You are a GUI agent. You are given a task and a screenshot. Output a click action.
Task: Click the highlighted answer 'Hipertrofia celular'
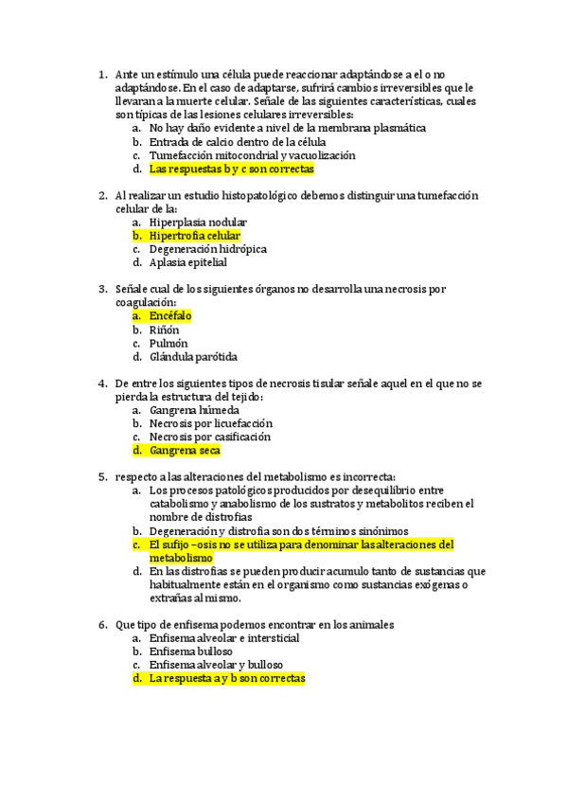(x=194, y=236)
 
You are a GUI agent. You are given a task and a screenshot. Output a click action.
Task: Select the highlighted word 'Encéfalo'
(x=170, y=315)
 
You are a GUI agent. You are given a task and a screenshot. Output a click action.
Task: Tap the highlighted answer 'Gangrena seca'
(x=185, y=451)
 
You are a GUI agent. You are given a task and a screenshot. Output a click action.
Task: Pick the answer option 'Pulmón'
(x=168, y=343)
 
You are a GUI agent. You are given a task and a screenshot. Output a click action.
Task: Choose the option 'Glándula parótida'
(x=193, y=357)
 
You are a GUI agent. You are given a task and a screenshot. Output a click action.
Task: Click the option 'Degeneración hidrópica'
(x=208, y=249)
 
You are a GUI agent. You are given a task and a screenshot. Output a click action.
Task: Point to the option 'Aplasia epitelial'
(x=188, y=262)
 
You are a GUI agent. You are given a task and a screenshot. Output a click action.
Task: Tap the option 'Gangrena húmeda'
(x=194, y=410)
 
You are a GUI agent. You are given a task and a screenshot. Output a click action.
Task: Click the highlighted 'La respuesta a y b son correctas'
(x=227, y=679)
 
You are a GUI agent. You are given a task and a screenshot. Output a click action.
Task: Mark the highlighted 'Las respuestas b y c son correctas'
(x=231, y=169)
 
